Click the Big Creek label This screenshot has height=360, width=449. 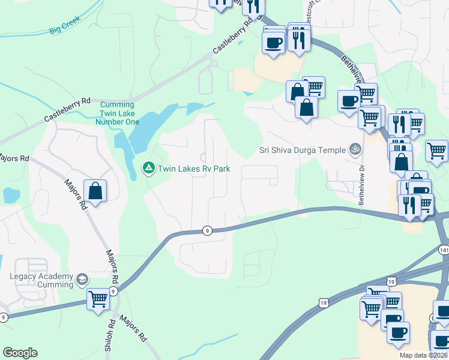pos(64,28)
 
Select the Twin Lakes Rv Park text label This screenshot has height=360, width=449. pos(193,169)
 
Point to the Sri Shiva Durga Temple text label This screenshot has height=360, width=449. pos(302,150)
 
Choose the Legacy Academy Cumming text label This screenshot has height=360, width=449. pos(40,280)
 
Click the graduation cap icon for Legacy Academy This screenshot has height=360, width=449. pos(82,280)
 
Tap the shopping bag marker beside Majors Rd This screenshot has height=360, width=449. pos(95,191)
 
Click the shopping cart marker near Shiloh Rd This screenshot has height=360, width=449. pos(98,298)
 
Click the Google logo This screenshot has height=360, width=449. pos(20,353)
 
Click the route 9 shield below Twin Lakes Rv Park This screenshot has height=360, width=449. pos(207,230)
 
